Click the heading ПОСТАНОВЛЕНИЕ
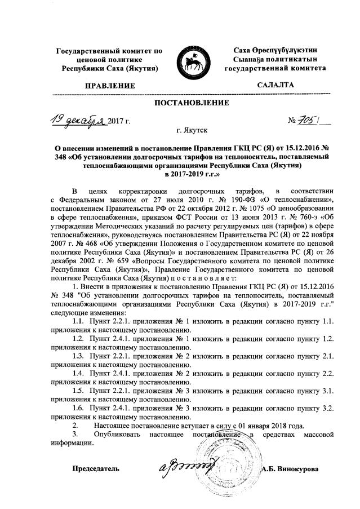[192, 103]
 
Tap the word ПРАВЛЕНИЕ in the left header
[110, 86]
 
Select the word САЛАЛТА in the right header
[275, 85]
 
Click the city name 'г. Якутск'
[192, 130]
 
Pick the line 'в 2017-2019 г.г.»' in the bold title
[191, 176]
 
